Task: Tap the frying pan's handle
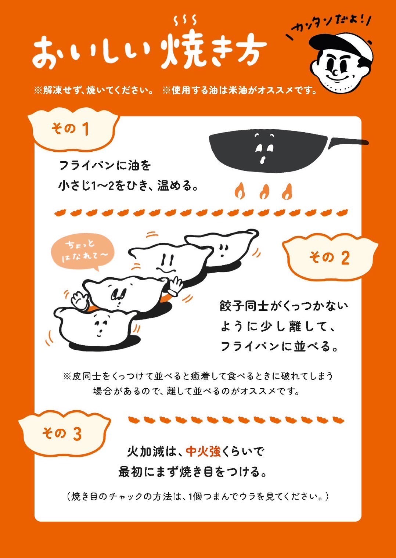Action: [x=348, y=142]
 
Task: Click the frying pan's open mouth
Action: [x=262, y=160]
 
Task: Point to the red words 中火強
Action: [x=204, y=451]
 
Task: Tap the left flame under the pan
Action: [x=240, y=191]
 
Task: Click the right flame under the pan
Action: [x=287, y=192]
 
